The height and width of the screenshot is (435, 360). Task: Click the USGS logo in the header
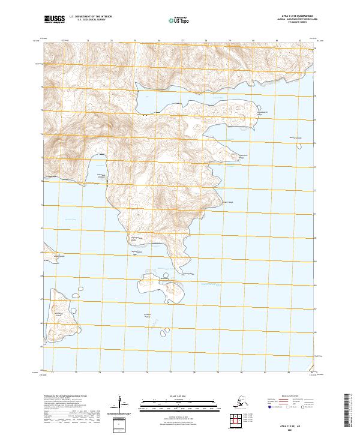pyautogui.click(x=53, y=20)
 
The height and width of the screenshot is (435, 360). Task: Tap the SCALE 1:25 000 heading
pyautogui.click(x=174, y=397)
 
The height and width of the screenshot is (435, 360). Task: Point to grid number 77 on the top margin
pyautogui.click(x=182, y=41)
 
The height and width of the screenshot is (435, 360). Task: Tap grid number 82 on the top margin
pyautogui.click(x=299, y=41)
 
